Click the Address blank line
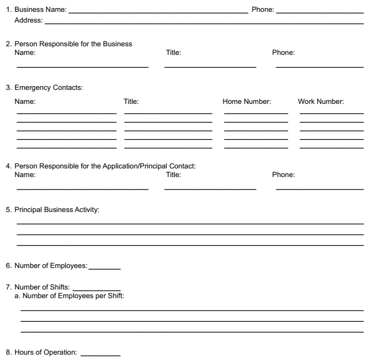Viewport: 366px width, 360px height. [204, 24]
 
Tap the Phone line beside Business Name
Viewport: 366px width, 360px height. [320, 11]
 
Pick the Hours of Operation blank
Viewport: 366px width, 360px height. [100, 355]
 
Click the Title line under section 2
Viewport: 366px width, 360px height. [210, 67]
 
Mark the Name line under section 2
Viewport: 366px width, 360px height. [82, 67]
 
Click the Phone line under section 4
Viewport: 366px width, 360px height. [320, 189]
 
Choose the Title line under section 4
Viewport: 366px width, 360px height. [210, 189]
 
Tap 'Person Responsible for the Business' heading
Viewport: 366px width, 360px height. [73, 44]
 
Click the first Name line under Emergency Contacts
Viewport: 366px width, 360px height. [66, 114]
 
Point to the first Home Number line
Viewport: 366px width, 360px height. [256, 114]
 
